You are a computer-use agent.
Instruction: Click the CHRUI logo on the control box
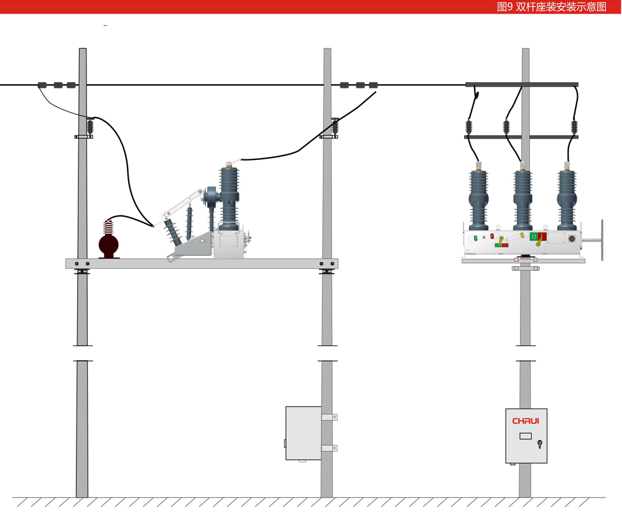pos(526,421)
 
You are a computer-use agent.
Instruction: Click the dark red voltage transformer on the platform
pos(109,240)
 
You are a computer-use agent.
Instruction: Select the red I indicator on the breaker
pos(542,236)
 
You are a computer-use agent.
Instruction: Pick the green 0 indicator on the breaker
pos(534,236)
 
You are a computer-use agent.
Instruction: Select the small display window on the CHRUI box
pos(526,436)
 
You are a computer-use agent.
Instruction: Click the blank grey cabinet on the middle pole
pos(303,433)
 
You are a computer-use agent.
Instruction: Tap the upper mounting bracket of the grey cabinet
pos(329,417)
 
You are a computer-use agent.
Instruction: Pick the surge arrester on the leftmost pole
pos(90,128)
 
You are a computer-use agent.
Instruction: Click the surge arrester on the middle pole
pos(335,127)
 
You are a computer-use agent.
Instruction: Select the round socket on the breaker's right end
pos(572,238)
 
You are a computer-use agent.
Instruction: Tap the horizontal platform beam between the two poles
pos(202,264)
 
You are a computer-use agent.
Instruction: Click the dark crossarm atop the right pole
pos(522,85)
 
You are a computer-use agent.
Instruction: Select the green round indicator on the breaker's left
pos(476,237)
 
